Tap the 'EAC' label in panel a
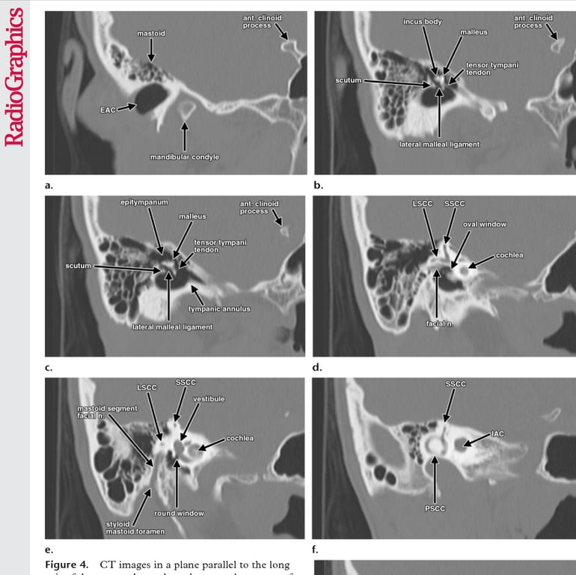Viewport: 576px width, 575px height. coord(108,109)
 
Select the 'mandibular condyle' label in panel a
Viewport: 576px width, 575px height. coord(184,156)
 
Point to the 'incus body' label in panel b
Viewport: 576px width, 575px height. coord(423,22)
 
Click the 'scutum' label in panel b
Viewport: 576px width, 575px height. coord(349,80)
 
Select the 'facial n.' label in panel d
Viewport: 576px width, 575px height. coord(436,323)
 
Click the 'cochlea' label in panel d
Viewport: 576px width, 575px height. coord(509,255)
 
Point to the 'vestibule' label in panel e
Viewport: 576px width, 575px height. coord(209,399)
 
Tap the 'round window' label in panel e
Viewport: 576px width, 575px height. coord(179,513)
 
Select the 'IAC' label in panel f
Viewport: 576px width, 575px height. coord(497,434)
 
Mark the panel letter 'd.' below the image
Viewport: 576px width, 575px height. coord(318,367)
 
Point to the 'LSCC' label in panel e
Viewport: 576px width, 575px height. coord(146,388)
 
